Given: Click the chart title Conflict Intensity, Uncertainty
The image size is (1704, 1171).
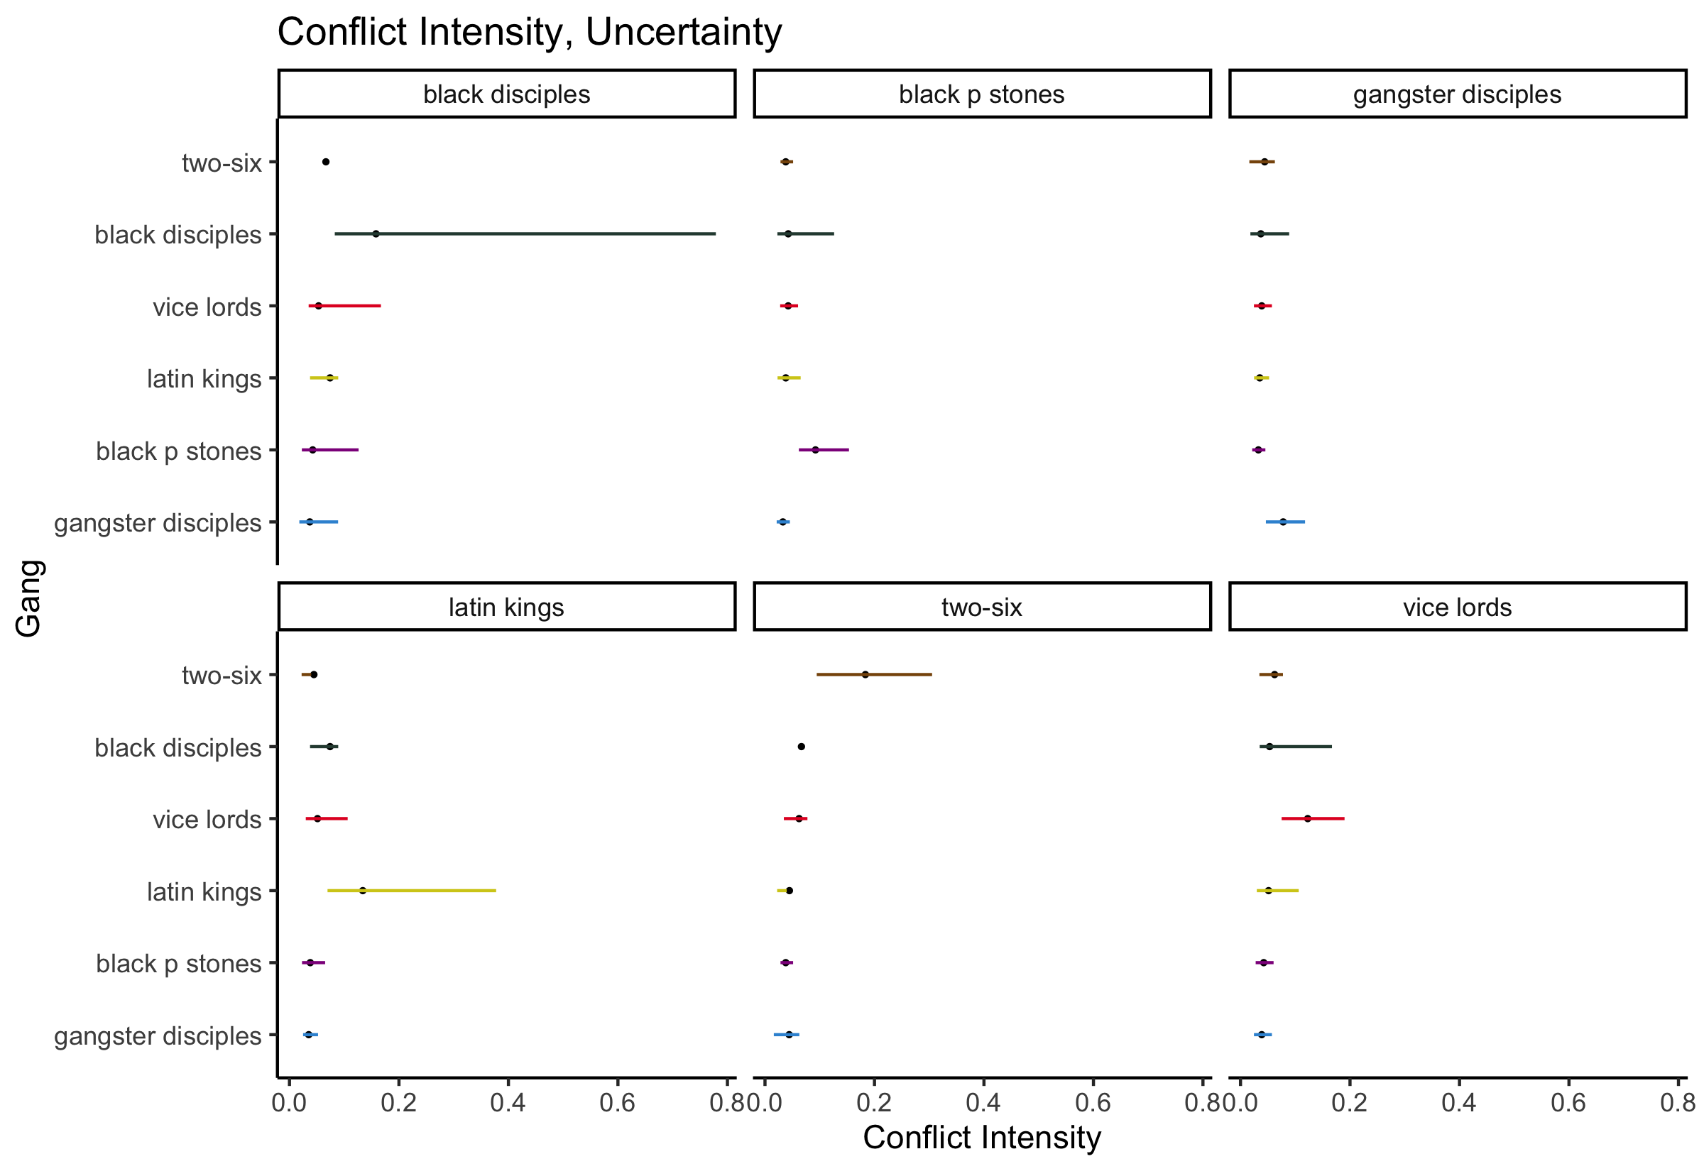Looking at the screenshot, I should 529,32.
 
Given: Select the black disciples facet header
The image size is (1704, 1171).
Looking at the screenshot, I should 506,94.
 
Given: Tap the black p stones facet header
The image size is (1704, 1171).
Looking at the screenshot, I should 981,94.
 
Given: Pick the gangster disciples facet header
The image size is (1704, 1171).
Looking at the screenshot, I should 1457,94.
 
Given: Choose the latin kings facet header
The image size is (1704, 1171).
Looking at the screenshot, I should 506,607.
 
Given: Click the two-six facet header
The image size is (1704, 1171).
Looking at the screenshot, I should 981,607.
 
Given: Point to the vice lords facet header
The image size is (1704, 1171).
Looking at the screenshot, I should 1457,607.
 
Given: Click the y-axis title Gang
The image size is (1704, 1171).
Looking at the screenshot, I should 29,598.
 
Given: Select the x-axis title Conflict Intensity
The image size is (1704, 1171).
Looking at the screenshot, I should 981,1138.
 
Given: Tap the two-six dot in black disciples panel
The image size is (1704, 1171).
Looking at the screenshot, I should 326,162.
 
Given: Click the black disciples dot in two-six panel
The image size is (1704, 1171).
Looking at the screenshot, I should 801,747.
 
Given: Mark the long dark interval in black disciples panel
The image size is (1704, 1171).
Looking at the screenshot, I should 525,234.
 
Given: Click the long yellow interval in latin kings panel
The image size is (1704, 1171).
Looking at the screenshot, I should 411,891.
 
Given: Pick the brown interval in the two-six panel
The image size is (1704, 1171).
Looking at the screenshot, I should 873,674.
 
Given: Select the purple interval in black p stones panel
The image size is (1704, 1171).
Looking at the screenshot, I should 824,450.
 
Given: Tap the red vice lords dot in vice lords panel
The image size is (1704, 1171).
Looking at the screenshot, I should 1307,819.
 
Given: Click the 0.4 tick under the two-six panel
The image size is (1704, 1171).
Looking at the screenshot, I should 983,1103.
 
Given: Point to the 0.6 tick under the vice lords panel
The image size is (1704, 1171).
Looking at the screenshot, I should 1568,1103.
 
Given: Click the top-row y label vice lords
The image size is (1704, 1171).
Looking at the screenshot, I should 207,307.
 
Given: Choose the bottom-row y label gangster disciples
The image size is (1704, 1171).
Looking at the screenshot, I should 158,1036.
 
